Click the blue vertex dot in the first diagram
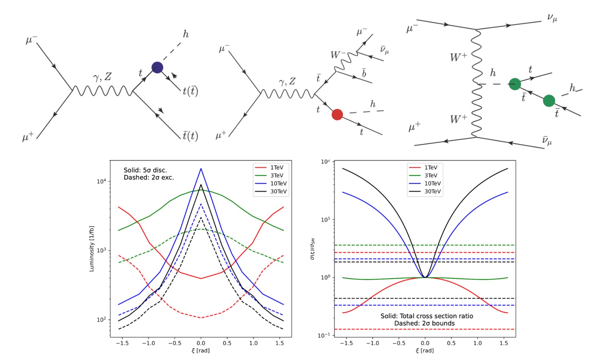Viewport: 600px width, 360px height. click(157, 67)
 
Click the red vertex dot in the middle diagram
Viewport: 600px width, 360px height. click(337, 114)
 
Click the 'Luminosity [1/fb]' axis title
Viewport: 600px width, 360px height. click(92, 249)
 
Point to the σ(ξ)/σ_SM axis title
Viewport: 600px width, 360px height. click(312, 249)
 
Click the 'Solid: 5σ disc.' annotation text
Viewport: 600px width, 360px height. click(145, 170)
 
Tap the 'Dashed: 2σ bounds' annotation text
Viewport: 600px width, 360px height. click(424, 323)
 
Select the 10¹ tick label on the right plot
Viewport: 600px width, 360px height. click(325, 220)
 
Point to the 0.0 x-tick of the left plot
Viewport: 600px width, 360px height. click(201, 343)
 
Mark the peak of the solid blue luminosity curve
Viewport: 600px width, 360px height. click(201, 169)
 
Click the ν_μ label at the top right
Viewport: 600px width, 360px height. click(552, 17)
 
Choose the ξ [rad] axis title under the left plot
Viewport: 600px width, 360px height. click(200, 351)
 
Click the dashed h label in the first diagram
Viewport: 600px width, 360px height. click(186, 34)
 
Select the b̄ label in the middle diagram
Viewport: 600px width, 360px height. click(364, 73)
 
